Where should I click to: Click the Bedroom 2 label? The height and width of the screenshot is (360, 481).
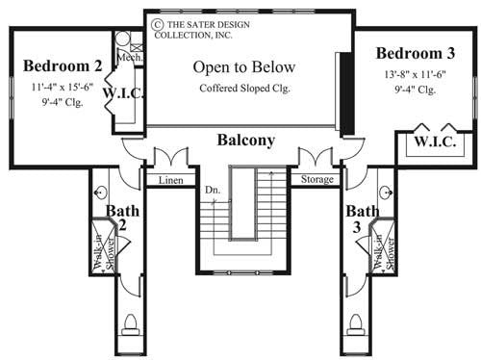pos(63,66)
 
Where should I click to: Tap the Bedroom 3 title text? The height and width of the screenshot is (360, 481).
pos(415,52)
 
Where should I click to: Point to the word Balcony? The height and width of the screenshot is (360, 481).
pos(245,140)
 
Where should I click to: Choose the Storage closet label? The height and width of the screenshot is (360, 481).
pos(316,180)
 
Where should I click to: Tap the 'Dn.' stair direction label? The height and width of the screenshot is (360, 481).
pos(212,190)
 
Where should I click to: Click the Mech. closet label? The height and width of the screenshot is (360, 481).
pos(130,58)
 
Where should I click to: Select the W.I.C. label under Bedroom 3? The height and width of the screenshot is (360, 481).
pos(434,142)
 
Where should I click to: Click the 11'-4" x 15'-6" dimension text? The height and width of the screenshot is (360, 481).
pos(62,88)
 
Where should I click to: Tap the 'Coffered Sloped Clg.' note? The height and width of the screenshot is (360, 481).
pos(243,89)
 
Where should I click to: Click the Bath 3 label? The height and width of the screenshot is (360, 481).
pos(362,219)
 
